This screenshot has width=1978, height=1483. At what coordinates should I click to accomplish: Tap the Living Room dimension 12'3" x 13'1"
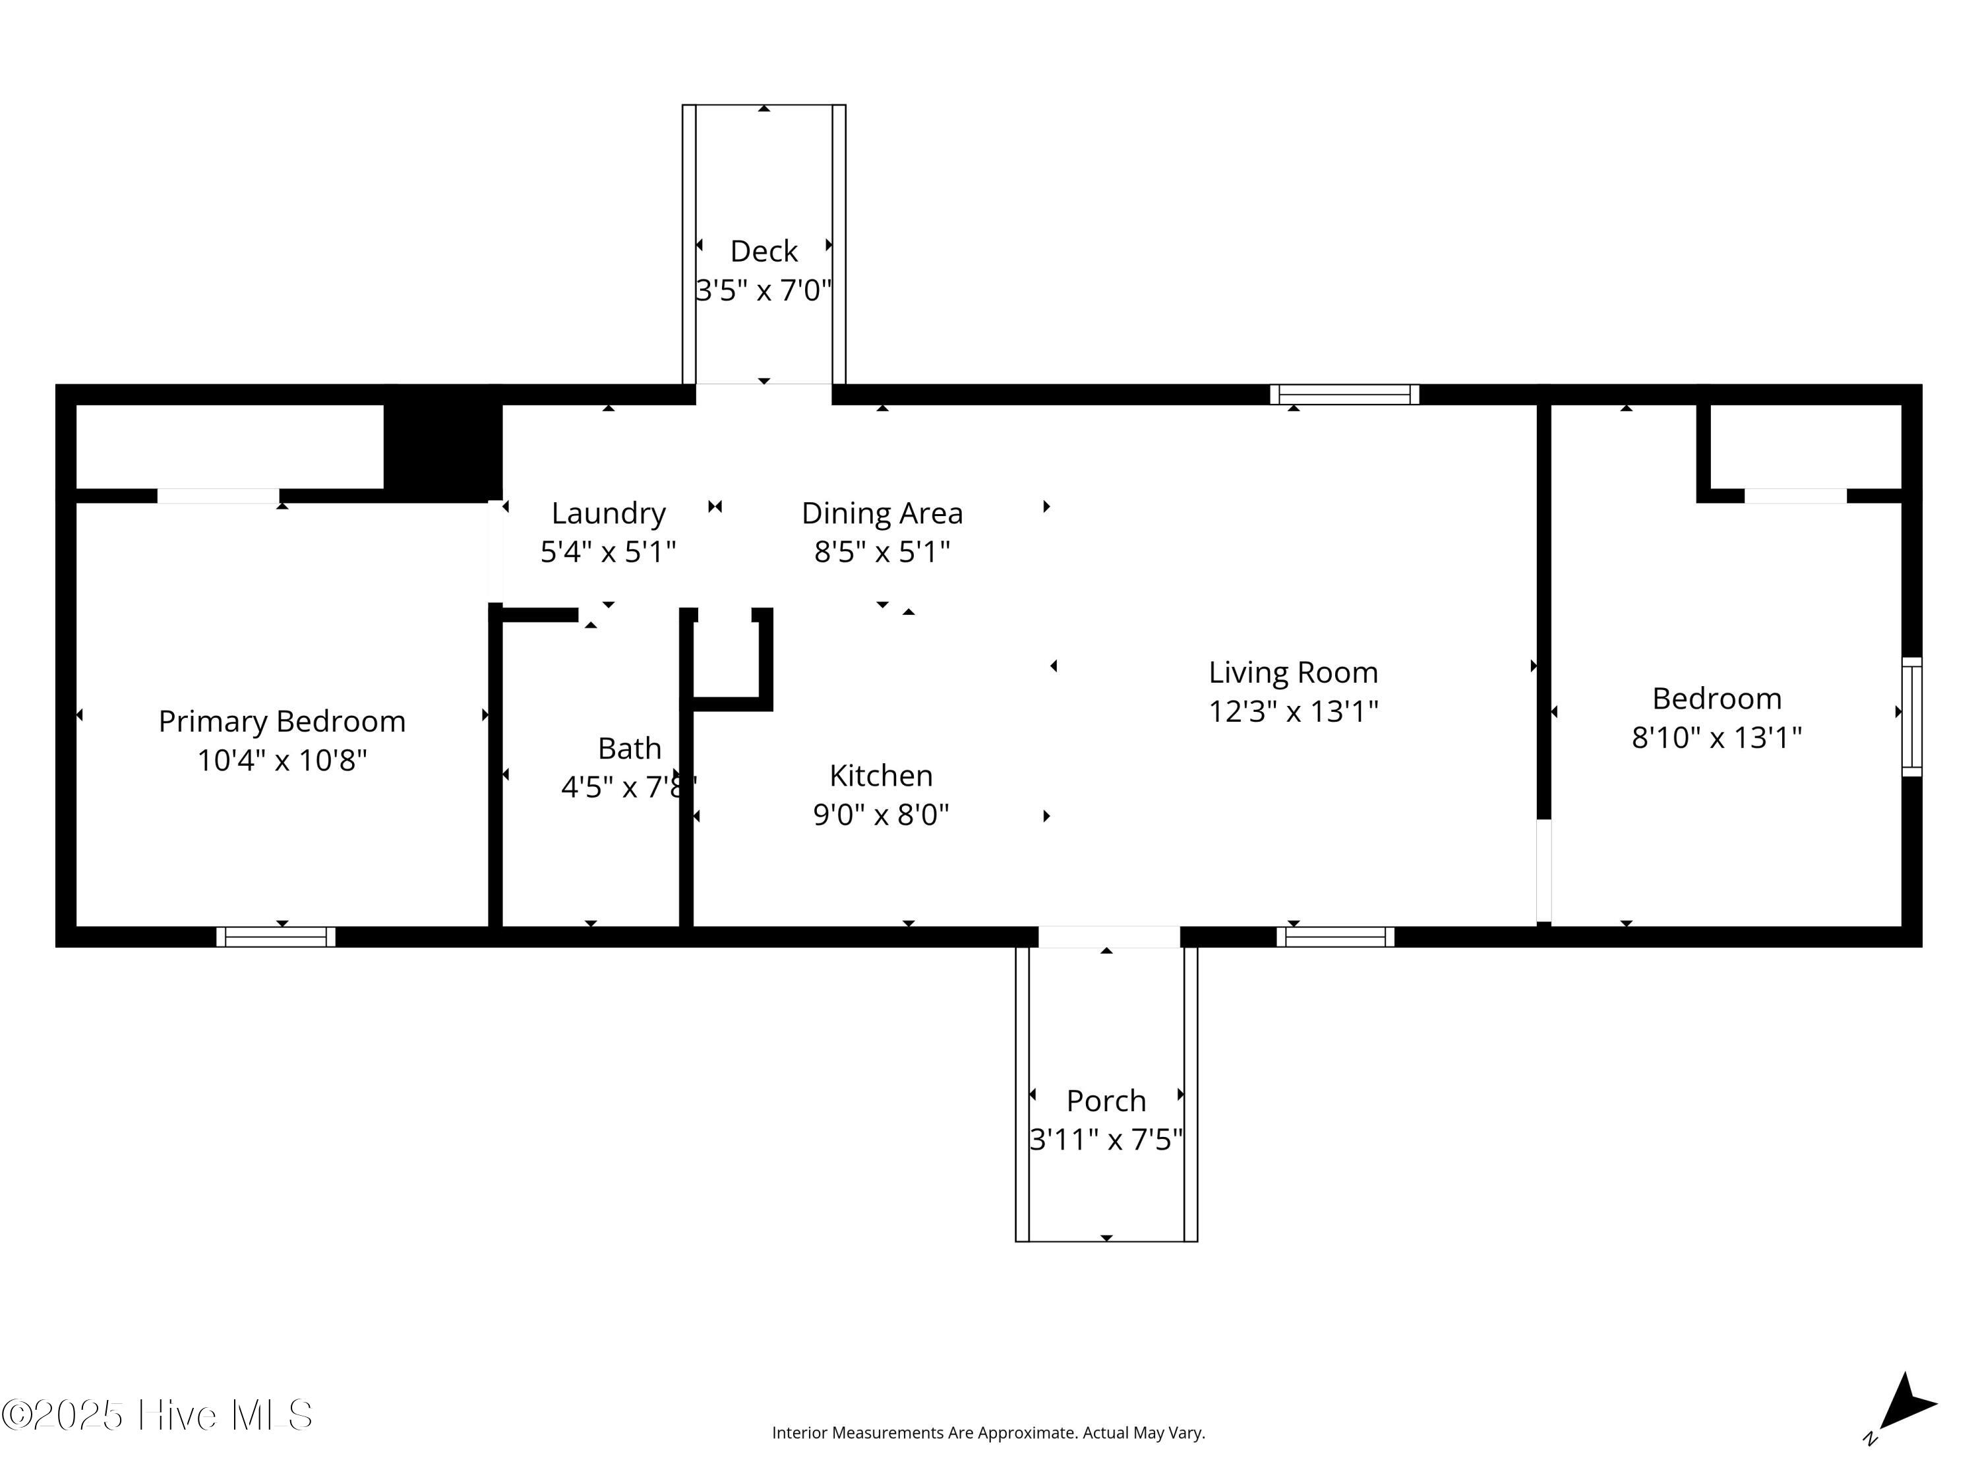1293,712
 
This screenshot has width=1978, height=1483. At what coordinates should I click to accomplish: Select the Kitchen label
881,775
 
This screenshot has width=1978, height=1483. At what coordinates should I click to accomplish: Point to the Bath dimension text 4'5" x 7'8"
628,786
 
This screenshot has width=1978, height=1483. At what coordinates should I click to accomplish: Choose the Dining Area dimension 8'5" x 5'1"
882,552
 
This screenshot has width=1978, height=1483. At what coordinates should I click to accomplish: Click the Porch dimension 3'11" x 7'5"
1106,1140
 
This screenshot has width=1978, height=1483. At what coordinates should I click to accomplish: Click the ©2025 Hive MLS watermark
158,1415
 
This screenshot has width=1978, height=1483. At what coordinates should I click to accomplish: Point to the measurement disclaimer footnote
988,1433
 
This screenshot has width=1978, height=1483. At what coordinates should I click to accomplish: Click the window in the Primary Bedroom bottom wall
276,937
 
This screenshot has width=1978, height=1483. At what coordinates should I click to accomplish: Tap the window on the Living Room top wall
1344,394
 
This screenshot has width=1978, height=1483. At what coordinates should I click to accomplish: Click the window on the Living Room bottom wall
1335,937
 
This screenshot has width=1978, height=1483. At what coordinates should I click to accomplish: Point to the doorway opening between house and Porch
1109,937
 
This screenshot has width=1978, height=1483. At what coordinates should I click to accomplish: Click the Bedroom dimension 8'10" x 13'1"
1716,738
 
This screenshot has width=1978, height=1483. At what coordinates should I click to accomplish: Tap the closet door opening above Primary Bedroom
218,496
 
